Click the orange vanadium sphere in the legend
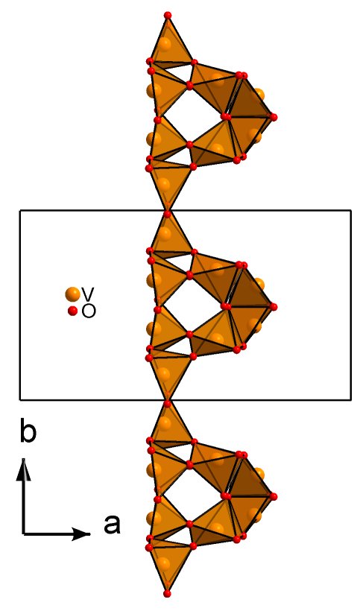coord(72,294)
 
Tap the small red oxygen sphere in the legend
coord(72,311)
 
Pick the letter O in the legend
coord(89,311)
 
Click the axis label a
coord(112,525)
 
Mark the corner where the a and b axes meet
coord(24,534)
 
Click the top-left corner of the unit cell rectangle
coord(20,211)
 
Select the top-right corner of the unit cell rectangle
coord(350,211)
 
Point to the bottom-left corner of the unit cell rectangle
coord(20,400)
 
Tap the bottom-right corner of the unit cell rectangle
coord(350,400)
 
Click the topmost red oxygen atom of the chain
coord(168,15)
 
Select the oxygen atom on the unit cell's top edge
coord(168,214)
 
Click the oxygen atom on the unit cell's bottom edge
coord(168,404)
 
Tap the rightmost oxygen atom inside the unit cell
coord(274,306)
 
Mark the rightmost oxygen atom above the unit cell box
coord(274,117)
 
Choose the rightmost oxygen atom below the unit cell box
coord(274,496)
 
